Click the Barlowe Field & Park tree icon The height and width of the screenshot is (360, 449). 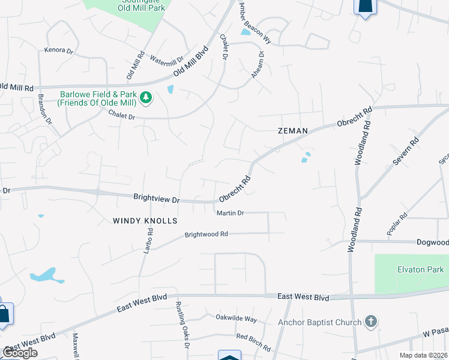tap(145, 97)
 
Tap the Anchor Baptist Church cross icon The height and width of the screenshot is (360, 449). tap(371, 322)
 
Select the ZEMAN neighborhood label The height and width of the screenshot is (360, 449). tap(293, 130)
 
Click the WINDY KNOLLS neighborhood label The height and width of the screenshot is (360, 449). tap(145, 221)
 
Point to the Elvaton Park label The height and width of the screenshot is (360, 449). tap(416, 269)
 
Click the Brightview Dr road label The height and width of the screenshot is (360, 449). tap(157, 197)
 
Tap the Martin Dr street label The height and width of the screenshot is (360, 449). tap(230, 213)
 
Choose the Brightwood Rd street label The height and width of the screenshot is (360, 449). tap(206, 234)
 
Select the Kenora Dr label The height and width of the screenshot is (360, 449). tap(59, 50)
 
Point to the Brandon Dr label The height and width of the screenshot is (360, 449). tap(45, 109)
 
